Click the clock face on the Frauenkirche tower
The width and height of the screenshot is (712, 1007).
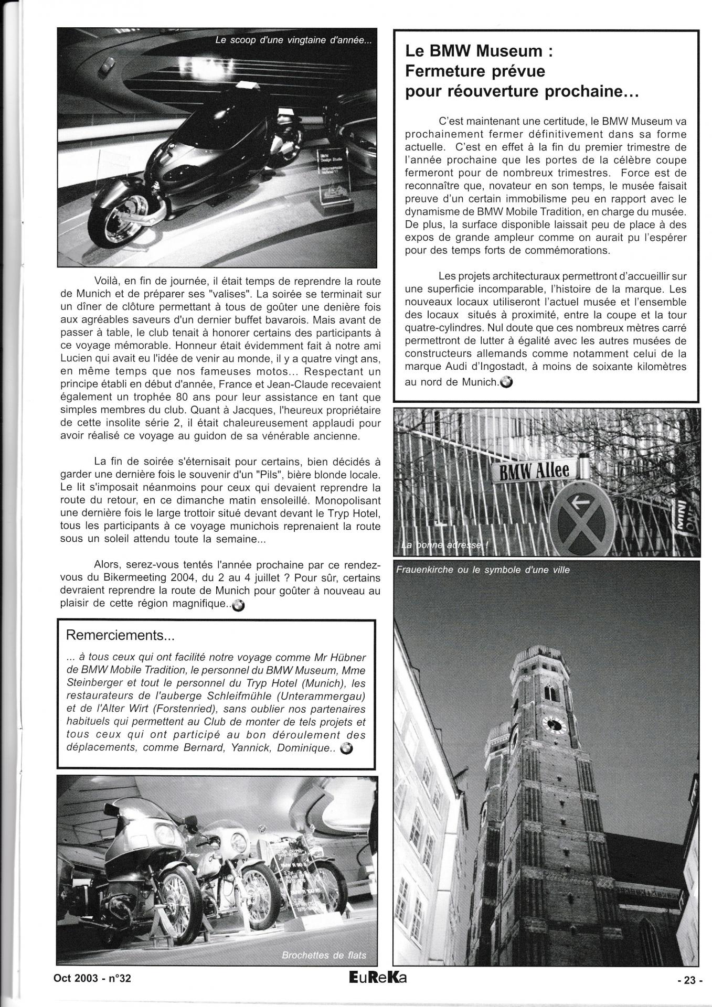pyautogui.click(x=553, y=725)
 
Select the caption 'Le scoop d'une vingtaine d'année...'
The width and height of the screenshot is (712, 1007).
pyautogui.click(x=293, y=41)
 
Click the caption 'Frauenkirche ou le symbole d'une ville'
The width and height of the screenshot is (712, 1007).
pyautogui.click(x=483, y=569)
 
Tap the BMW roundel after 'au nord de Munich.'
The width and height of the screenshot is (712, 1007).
pyautogui.click(x=507, y=382)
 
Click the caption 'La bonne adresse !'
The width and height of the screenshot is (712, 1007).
pyautogui.click(x=445, y=545)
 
